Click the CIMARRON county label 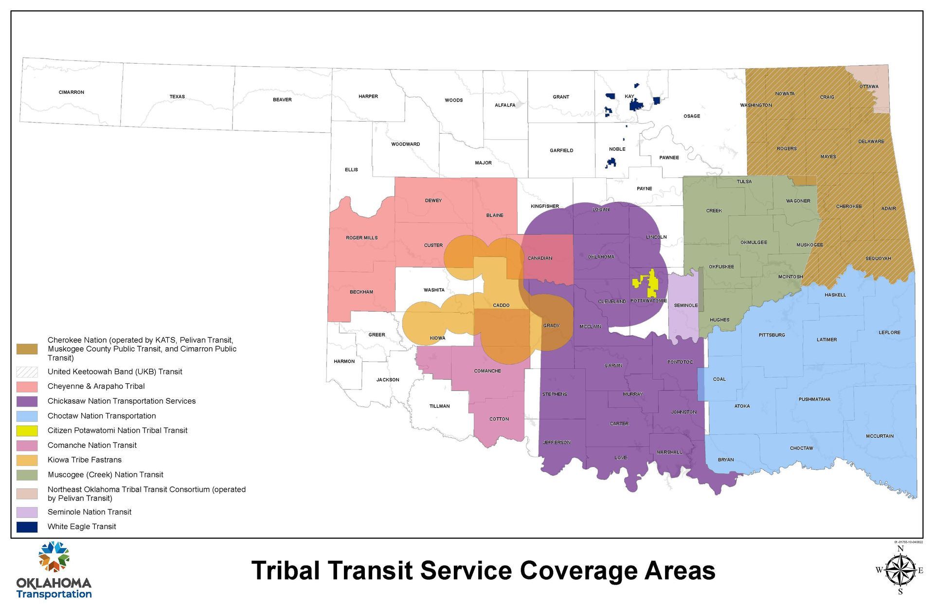[72, 92]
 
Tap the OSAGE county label [692, 116]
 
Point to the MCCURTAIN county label [880, 436]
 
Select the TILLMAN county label [439, 406]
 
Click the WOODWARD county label [405, 144]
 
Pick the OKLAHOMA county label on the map [601, 257]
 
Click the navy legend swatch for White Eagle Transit [27, 527]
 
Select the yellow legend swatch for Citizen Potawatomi [27, 430]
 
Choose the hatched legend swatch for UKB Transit [27, 372]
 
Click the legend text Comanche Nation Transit [92, 445]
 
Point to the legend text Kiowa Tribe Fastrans [85, 460]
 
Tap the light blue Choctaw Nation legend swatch [27, 416]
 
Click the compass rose [900, 570]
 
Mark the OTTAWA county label [869, 87]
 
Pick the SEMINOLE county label [686, 305]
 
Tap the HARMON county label [344, 361]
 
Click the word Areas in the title [680, 570]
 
